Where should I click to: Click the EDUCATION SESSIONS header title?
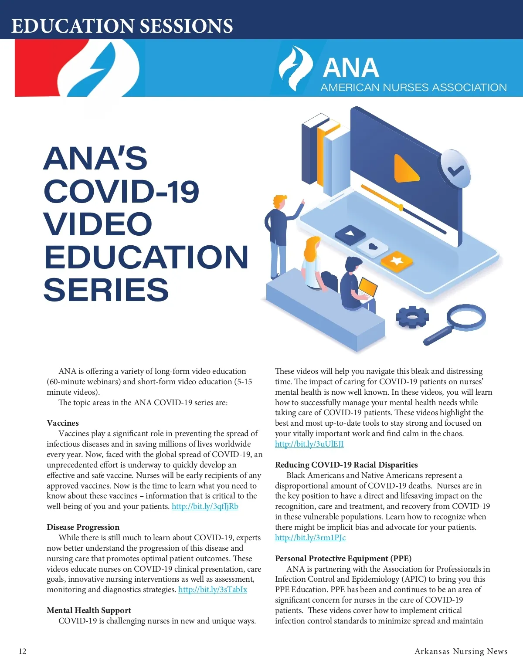click(122, 26)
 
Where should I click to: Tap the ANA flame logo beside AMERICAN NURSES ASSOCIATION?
click(295, 68)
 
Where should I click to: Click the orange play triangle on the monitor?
click(406, 169)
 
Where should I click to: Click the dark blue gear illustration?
click(412, 317)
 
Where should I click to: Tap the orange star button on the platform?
click(397, 261)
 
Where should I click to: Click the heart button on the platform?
click(373, 247)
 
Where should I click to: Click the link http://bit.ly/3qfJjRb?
click(205, 506)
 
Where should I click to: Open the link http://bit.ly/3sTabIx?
click(213, 590)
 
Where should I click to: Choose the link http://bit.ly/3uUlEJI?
click(309, 444)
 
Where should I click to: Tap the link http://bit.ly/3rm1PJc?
click(310, 538)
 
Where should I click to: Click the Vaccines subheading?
click(63, 423)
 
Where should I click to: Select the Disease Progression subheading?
click(83, 527)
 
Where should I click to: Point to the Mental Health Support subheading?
click(89, 610)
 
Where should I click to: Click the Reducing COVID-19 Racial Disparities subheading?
click(346, 465)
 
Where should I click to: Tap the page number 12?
click(23, 651)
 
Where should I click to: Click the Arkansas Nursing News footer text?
click(461, 651)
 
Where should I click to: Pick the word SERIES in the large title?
click(106, 290)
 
